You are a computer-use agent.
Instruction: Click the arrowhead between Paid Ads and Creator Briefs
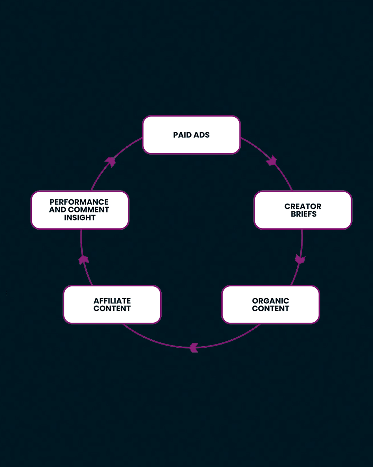(x=272, y=161)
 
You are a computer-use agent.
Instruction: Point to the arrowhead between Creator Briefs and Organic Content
(x=300, y=259)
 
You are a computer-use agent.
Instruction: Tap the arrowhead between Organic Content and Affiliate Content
(x=194, y=347)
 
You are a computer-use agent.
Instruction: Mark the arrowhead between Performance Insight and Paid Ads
(x=111, y=161)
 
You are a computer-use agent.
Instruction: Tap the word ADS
(x=202, y=135)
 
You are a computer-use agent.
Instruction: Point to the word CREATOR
(x=303, y=207)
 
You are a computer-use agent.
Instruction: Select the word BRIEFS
(x=304, y=214)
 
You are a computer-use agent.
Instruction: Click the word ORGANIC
(x=270, y=301)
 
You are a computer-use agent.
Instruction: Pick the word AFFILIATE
(x=112, y=301)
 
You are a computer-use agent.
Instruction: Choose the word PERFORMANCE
(x=79, y=202)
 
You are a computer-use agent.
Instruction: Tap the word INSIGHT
(x=79, y=218)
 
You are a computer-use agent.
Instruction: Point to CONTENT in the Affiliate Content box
(x=112, y=309)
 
